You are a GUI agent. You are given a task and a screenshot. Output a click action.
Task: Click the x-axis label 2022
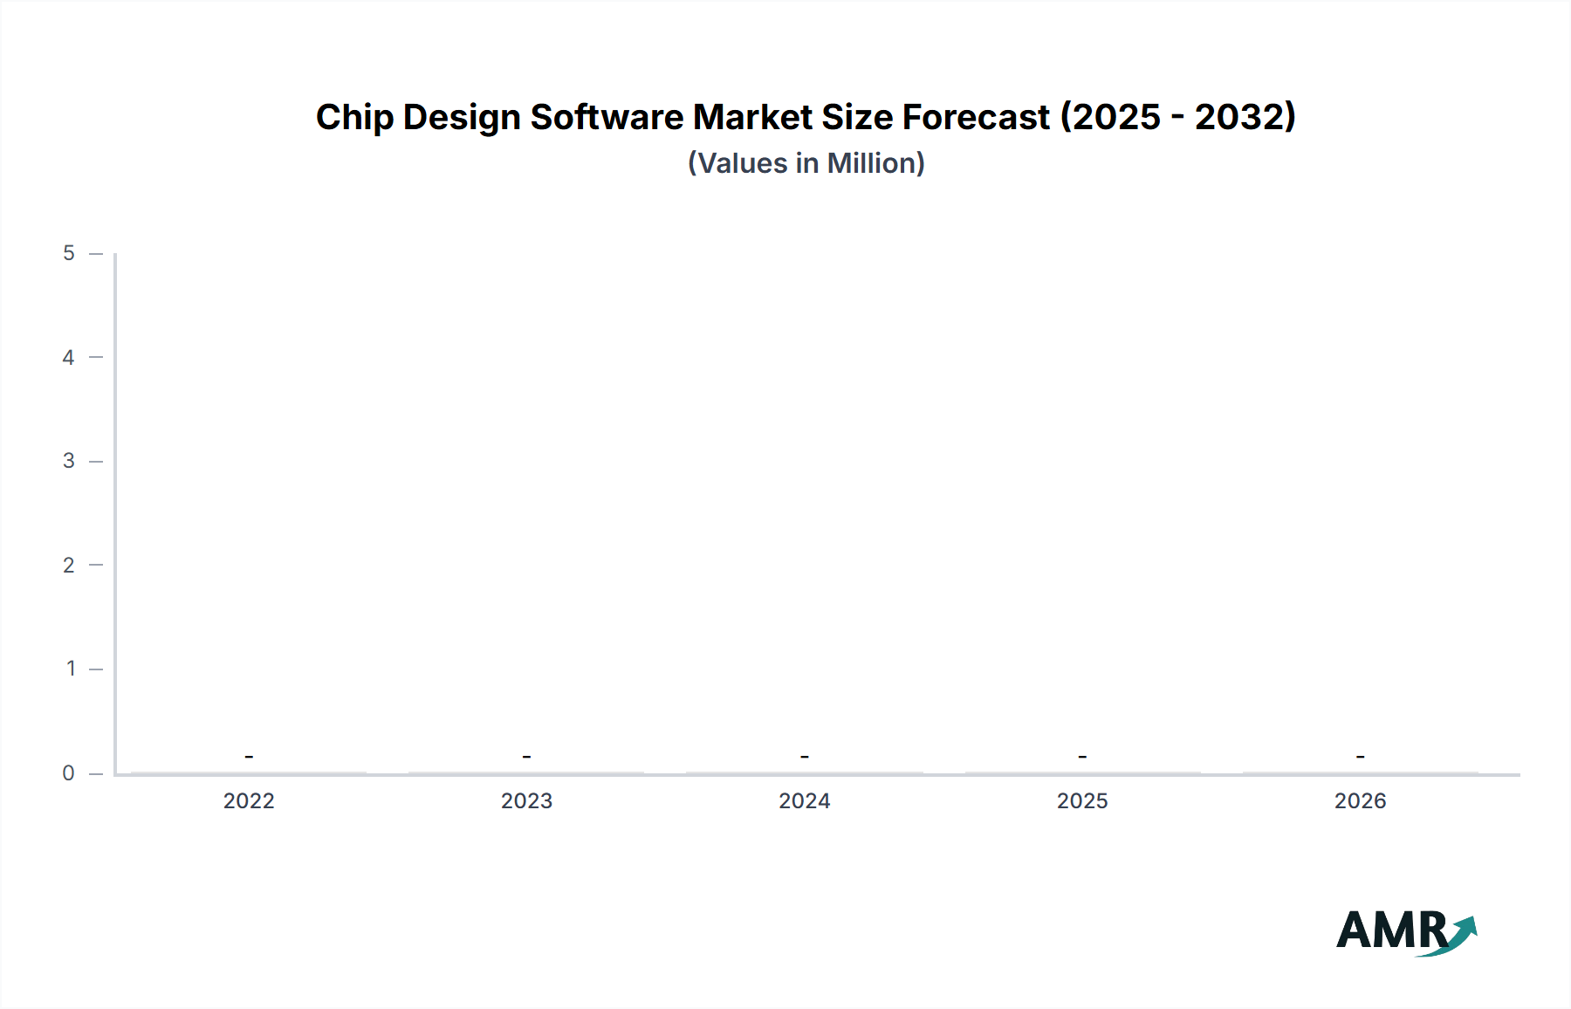click(x=249, y=800)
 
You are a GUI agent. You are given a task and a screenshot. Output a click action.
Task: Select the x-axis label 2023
click(x=526, y=800)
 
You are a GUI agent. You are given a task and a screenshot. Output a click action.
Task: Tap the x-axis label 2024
click(x=804, y=800)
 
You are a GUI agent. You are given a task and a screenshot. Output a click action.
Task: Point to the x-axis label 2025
click(x=1082, y=800)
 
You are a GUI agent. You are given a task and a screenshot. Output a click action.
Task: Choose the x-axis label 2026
click(x=1360, y=800)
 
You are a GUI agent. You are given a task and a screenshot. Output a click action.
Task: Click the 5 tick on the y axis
click(x=69, y=253)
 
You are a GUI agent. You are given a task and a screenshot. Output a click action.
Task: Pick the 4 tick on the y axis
click(x=69, y=357)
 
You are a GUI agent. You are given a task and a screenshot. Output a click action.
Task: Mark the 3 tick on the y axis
click(x=69, y=461)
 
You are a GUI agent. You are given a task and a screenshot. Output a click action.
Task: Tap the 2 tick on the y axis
click(x=69, y=565)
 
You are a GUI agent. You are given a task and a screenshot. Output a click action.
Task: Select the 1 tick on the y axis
click(x=71, y=669)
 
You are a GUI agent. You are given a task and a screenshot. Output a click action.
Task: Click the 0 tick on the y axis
click(x=69, y=772)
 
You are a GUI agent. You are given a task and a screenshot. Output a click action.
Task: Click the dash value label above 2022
click(x=249, y=756)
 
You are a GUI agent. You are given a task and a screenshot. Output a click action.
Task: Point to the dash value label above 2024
click(x=804, y=756)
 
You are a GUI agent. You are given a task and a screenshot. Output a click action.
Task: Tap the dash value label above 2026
click(x=1360, y=756)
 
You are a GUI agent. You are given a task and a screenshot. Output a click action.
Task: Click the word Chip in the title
click(x=353, y=118)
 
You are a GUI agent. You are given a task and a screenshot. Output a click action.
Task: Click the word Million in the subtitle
click(x=875, y=163)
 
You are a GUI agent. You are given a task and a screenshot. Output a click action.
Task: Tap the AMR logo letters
click(x=1389, y=930)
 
